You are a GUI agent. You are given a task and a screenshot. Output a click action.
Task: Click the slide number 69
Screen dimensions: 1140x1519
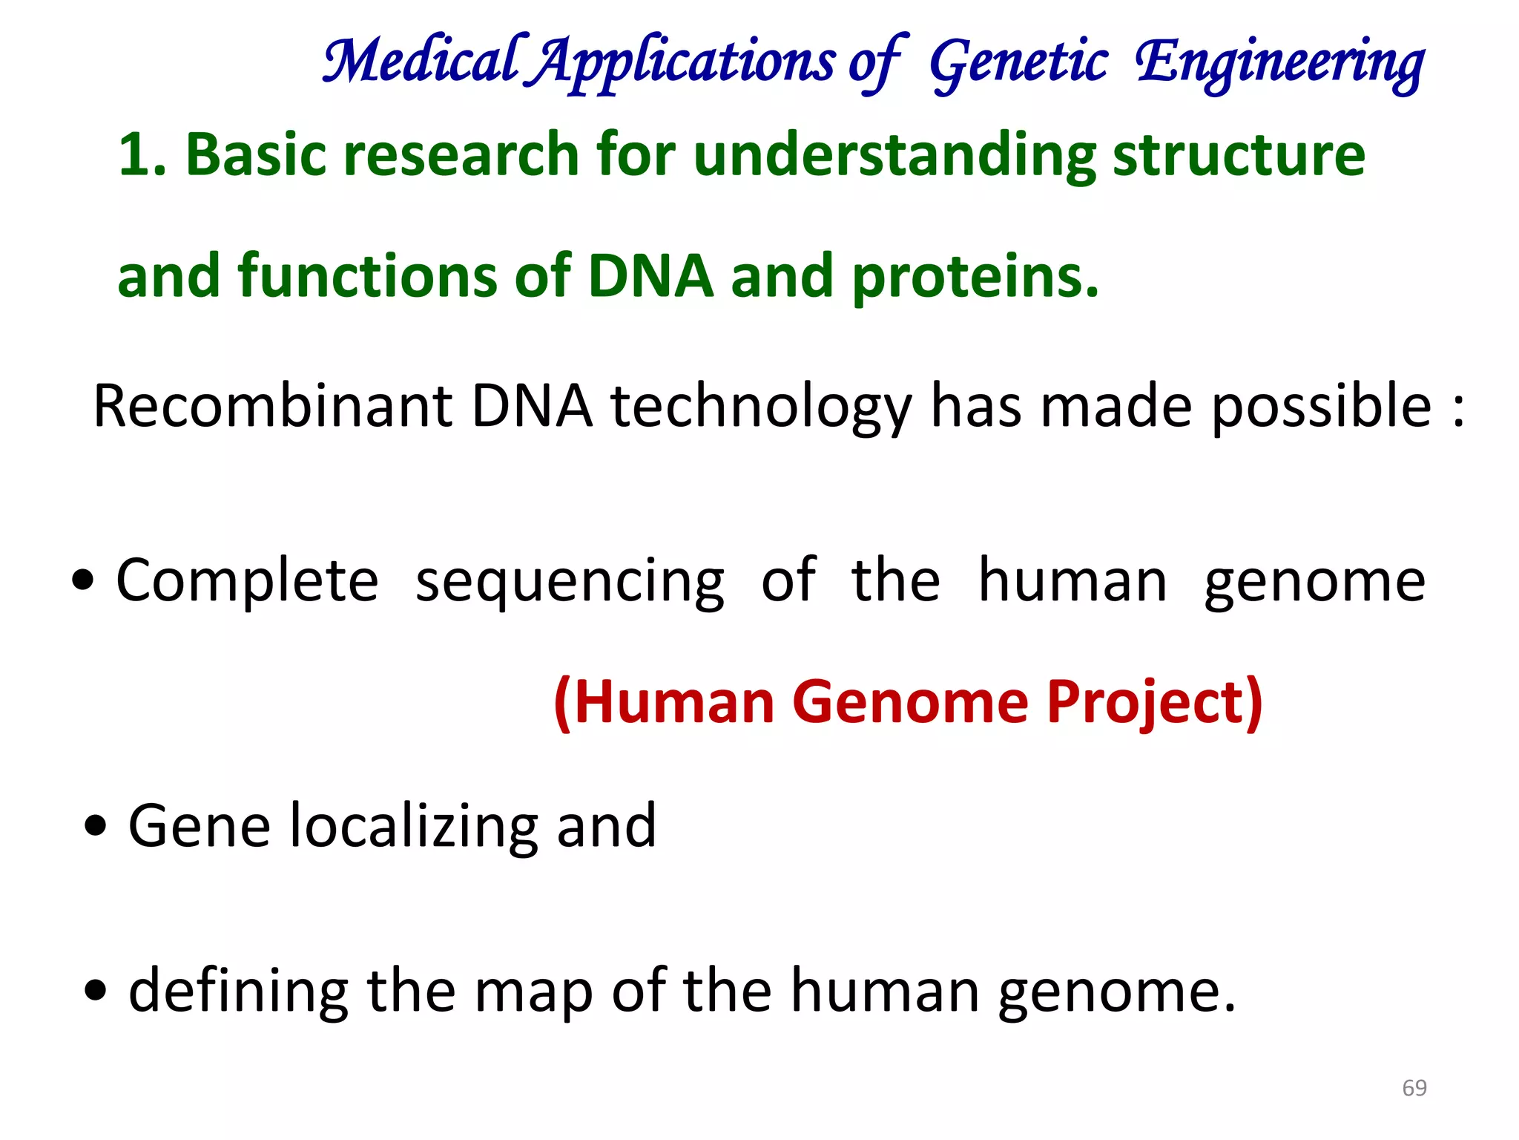coord(1414,1088)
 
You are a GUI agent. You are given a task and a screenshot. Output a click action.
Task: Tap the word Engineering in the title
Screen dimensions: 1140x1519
coord(1279,63)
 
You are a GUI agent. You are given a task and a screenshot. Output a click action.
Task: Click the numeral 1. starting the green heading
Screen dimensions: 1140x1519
coord(142,154)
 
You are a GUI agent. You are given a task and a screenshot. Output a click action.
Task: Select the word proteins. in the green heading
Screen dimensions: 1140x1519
coord(975,277)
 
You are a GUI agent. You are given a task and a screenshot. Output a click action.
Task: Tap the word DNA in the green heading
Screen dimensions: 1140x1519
coord(650,276)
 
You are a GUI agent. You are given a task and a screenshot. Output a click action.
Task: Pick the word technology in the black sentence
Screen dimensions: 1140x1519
coord(761,408)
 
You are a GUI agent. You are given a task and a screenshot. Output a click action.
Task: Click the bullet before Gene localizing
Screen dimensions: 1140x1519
coord(96,825)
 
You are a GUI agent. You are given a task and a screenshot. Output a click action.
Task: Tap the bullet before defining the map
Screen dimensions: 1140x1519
coord(96,991)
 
